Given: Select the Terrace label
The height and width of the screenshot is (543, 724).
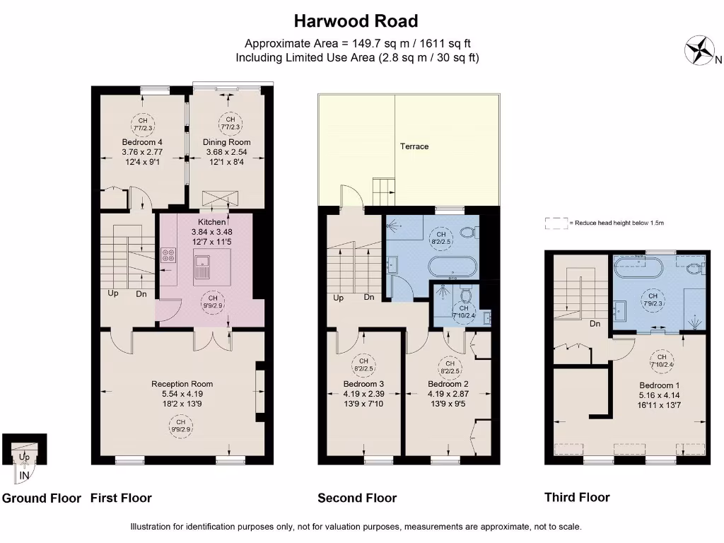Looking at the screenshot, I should [414, 146].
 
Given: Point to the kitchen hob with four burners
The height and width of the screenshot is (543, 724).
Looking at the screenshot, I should [169, 255].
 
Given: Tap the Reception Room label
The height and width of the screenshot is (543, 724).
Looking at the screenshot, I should [182, 384].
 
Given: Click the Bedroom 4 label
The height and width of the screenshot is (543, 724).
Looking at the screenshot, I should [142, 141].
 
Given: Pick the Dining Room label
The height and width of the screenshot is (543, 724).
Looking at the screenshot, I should [227, 142].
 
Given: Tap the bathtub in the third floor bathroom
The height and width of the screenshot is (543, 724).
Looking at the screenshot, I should [638, 267].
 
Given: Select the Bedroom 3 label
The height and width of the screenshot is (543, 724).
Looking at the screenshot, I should [363, 384].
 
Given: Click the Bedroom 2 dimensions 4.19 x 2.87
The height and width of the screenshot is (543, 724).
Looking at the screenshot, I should [449, 395].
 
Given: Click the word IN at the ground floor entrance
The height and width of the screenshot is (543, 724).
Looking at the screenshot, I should [24, 476].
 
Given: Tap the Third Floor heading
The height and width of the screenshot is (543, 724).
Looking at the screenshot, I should [577, 497].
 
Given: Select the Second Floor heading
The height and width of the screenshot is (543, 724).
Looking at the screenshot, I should [357, 498].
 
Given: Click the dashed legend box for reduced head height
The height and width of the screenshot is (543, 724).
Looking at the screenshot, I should [556, 223].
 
